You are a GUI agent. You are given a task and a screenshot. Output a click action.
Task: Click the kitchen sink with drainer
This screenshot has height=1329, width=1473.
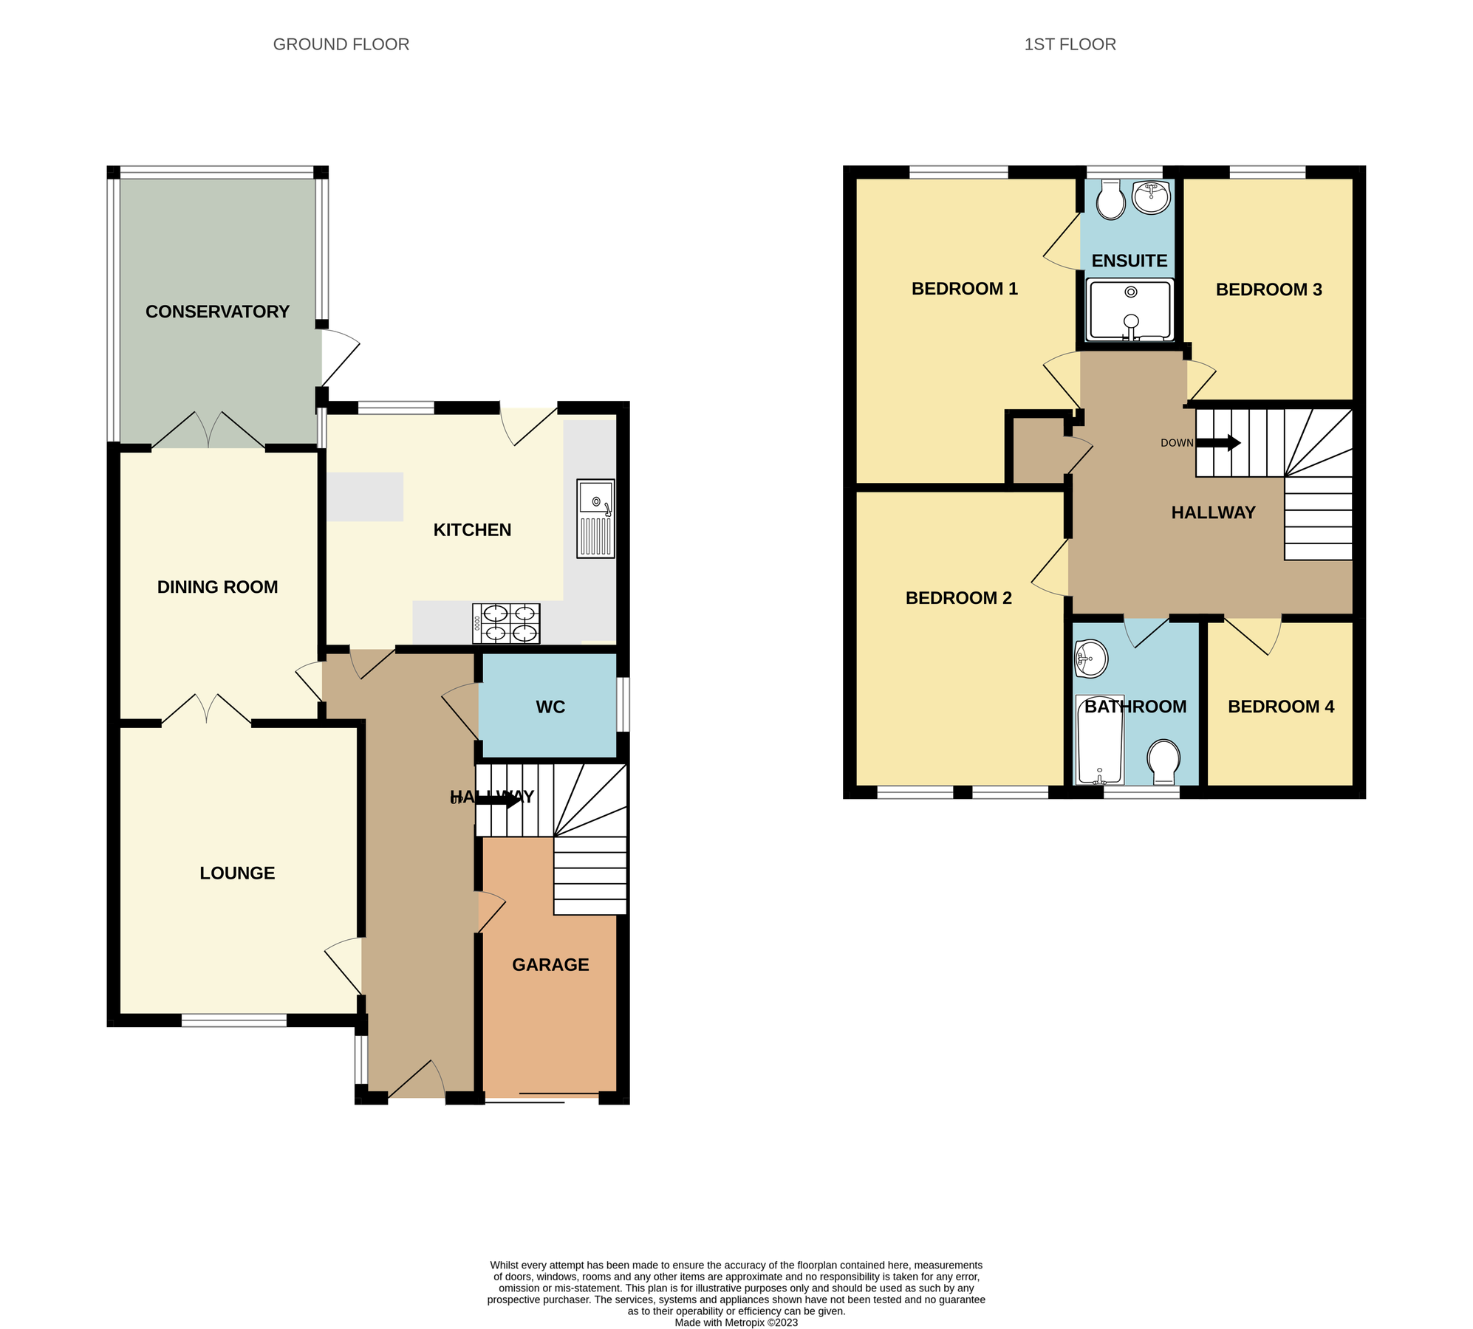[595, 518]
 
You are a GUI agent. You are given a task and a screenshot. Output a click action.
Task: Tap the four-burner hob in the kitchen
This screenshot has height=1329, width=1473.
[506, 623]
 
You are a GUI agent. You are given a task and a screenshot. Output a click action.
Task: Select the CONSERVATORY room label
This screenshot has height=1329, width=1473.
[217, 312]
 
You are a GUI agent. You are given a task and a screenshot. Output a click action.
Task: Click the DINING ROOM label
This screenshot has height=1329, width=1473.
[217, 587]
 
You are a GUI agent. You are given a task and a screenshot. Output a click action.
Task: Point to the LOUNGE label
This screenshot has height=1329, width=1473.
[237, 873]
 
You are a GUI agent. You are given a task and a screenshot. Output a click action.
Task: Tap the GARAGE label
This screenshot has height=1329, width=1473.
[550, 964]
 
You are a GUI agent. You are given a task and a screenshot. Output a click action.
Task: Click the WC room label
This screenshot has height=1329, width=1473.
[550, 707]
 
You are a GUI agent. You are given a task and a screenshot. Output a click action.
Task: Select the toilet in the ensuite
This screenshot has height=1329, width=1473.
[1110, 200]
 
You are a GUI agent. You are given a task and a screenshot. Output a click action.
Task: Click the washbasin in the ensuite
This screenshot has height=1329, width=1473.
[1151, 196]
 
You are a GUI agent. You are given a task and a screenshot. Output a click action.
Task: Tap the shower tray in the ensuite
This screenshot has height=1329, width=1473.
[1129, 309]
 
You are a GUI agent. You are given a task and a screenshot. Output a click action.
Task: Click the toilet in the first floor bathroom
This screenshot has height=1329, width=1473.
[1163, 760]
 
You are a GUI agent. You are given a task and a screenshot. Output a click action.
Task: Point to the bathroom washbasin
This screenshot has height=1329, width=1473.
[1090, 658]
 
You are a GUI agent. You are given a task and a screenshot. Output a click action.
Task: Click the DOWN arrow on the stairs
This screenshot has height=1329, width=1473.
[1218, 443]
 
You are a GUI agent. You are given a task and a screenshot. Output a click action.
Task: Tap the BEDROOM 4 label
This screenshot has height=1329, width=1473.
[1280, 707]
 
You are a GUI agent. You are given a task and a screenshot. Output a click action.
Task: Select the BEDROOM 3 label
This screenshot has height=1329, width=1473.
[1268, 289]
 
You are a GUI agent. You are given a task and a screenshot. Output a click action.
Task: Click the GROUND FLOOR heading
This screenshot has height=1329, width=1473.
[341, 44]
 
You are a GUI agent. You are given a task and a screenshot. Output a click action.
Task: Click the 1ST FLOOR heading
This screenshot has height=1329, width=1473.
[1069, 44]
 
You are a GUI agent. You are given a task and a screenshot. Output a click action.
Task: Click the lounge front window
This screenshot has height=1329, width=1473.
[234, 1020]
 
